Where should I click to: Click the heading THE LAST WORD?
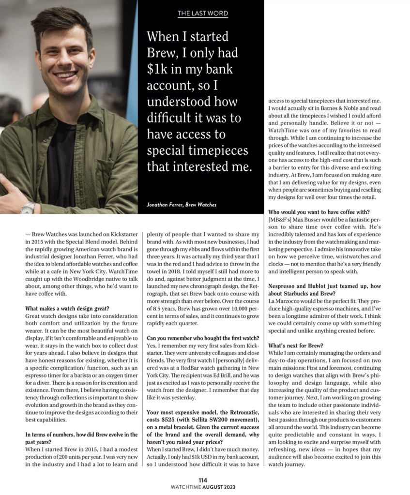(x=203, y=13)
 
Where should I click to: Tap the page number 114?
(x=203, y=480)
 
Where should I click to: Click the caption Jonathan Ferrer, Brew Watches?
(x=181, y=205)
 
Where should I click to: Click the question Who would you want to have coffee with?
(x=318, y=211)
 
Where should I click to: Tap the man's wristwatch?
(x=28, y=208)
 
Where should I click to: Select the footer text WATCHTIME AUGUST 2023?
(x=203, y=487)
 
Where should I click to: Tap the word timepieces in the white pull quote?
(x=214, y=150)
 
